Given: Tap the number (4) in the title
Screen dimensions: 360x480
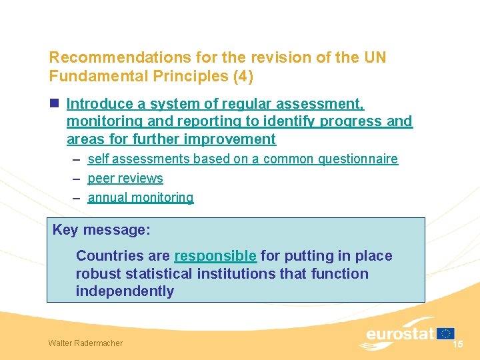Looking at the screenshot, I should click(243, 76).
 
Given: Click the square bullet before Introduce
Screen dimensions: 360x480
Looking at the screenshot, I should click(55, 104).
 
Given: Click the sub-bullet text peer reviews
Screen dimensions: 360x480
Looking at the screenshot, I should click(125, 178).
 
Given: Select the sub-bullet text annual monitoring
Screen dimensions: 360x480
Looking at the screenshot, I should click(141, 197).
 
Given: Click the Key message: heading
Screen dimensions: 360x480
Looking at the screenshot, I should click(101, 230).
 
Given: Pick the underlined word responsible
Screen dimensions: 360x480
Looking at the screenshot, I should click(215, 255).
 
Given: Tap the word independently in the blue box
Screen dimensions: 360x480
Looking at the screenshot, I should click(125, 291).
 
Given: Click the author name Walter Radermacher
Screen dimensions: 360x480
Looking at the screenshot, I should click(85, 343).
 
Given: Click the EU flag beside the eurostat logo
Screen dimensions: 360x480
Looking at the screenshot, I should click(446, 333).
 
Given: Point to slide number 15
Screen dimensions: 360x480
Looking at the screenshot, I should click(457, 344).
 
